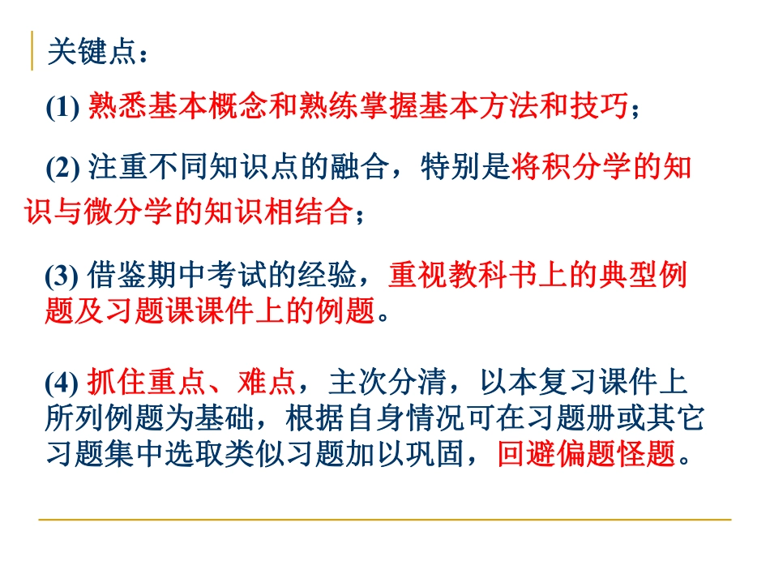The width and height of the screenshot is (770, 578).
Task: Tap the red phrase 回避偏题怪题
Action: pyautogui.click(x=586, y=455)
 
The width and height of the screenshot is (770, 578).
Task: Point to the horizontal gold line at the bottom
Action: pyautogui.click(x=384, y=520)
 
